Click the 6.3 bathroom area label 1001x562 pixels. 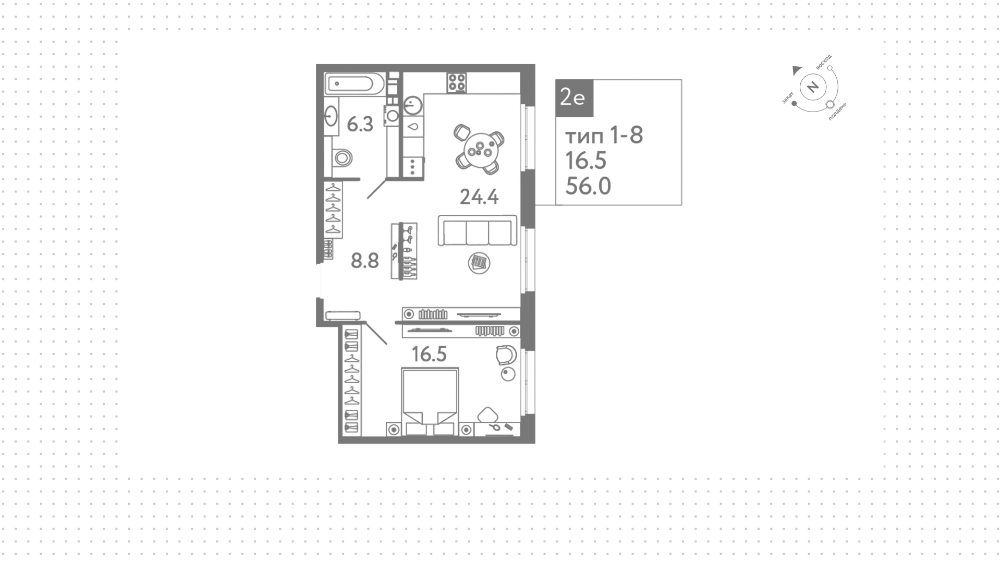click(360, 125)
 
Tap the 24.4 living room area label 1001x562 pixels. click(479, 197)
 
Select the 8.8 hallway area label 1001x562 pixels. click(365, 260)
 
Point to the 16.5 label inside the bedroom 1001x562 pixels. click(429, 355)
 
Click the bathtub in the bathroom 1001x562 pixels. click(355, 84)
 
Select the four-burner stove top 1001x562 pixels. click(457, 82)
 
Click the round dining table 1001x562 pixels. click(479, 150)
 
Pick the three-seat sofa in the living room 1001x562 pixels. click(478, 230)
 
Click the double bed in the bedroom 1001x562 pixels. click(430, 401)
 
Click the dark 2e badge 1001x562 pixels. click(574, 98)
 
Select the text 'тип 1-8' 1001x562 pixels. click(604, 136)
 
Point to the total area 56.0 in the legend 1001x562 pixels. click(588, 186)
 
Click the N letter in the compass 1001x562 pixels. click(812, 87)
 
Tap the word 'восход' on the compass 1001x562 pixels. click(824, 63)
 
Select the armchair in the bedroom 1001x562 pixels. click(506, 355)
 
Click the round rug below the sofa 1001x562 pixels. click(479, 262)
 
